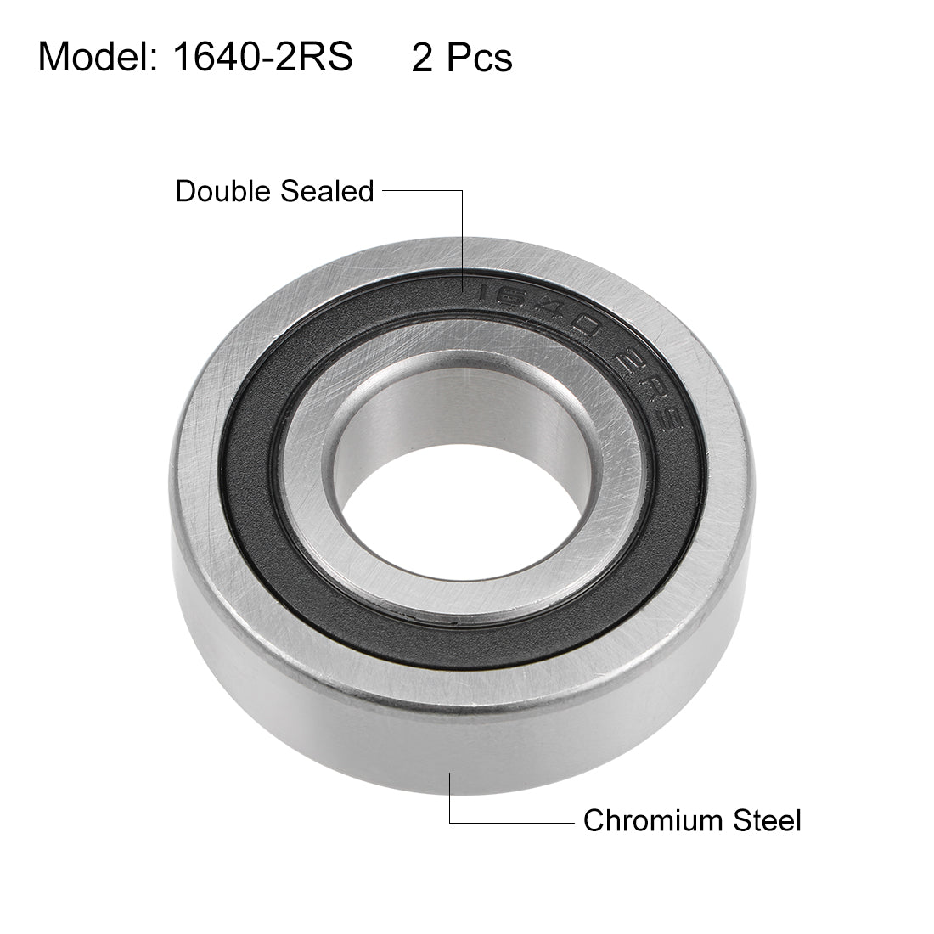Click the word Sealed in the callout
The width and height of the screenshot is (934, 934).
click(329, 191)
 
